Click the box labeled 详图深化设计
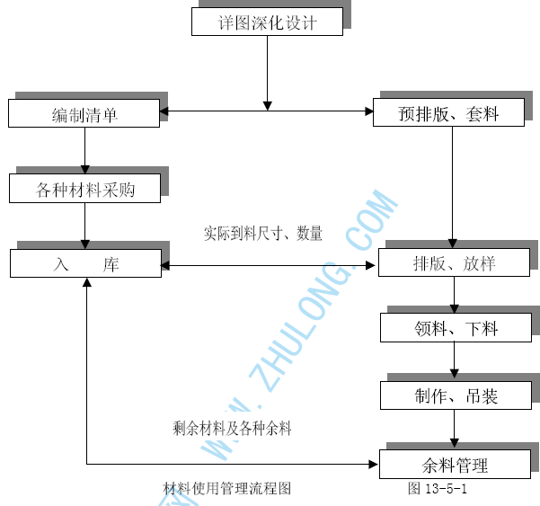[x=267, y=22]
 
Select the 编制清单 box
[x=84, y=113]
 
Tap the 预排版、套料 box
[x=449, y=113]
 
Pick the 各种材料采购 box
[x=84, y=189]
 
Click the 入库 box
[x=84, y=264]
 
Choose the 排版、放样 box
[x=454, y=263]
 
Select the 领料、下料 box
[x=456, y=328]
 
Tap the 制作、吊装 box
[x=456, y=395]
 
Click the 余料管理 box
[x=455, y=465]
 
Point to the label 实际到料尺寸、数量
[x=262, y=233]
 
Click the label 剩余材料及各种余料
[x=232, y=429]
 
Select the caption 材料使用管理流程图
[x=226, y=488]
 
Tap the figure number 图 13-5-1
[x=437, y=488]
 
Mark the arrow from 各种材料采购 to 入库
[x=85, y=226]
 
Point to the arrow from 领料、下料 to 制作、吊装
[x=455, y=361]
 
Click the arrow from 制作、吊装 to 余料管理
[x=455, y=430]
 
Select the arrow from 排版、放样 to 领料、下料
[x=455, y=295]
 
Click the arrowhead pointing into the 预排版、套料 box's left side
[x=368, y=111]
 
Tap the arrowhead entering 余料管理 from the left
[x=373, y=464]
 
